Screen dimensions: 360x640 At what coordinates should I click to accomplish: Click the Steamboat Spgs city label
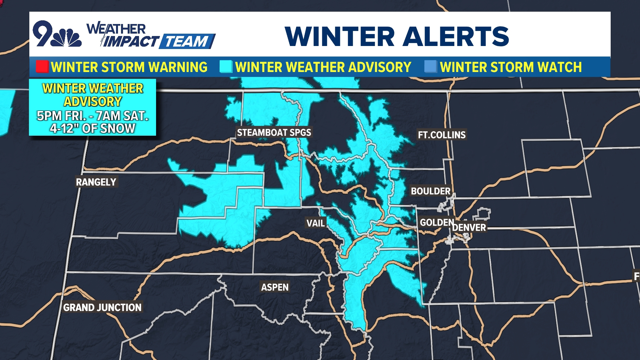pos(274,133)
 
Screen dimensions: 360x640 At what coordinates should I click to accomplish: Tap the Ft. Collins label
pos(442,135)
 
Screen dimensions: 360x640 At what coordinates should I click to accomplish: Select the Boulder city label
pos(431,191)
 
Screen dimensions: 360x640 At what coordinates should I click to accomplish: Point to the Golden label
pos(437,222)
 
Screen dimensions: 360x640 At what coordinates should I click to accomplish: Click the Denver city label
pos(469,228)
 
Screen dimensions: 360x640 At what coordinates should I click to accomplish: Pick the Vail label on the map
pos(315,223)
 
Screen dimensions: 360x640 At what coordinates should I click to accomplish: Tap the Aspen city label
pos(275,287)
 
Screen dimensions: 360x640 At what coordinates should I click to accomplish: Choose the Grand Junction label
pos(102,307)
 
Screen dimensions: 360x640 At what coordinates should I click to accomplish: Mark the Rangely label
pos(96,182)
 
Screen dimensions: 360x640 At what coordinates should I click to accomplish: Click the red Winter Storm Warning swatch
pos(42,67)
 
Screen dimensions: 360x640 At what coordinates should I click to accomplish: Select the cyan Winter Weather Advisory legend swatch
pos(226,67)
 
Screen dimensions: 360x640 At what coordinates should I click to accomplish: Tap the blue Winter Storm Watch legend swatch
pos(430,67)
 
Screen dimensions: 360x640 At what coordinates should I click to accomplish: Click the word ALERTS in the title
pos(456,36)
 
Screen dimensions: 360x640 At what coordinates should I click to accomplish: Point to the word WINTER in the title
pos(340,36)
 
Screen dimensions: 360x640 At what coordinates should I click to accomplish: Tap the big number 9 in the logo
pos(43,33)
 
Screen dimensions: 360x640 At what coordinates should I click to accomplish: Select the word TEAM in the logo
pos(187,42)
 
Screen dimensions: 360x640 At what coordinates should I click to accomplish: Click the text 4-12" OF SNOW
pos(92,128)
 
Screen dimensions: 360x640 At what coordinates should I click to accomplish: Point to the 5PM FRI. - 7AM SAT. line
pos(92,116)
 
